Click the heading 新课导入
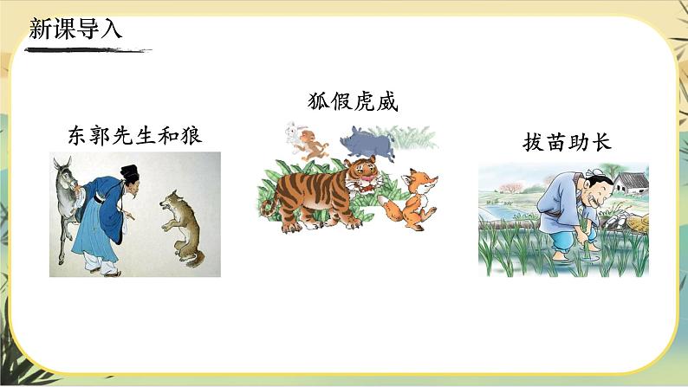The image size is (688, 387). tap(76, 29)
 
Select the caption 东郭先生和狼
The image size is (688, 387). tap(140, 135)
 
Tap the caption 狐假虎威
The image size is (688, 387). tap(346, 102)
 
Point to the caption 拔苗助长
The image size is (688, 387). tap(568, 142)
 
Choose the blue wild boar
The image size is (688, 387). tap(367, 144)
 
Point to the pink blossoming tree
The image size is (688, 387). tap(507, 186)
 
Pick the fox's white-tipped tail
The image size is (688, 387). tap(386, 203)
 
